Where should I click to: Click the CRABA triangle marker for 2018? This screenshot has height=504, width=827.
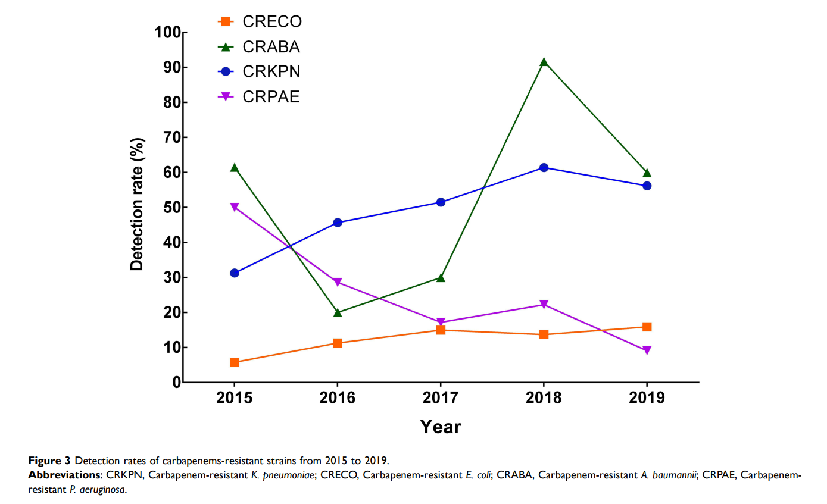click(x=544, y=62)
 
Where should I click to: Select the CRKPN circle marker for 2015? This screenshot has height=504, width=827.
click(x=235, y=273)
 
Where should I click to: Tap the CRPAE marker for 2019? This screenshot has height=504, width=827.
click(x=647, y=350)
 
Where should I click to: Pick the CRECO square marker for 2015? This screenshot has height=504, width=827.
click(x=235, y=362)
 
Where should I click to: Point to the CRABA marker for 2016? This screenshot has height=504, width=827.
click(x=338, y=312)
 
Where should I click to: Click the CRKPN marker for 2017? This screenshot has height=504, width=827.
click(x=441, y=202)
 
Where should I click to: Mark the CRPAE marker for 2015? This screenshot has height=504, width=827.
click(x=235, y=207)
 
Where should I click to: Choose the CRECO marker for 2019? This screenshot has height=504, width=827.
click(x=647, y=327)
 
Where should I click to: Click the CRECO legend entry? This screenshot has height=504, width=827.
click(x=259, y=22)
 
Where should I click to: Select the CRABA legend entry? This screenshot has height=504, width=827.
click(x=259, y=47)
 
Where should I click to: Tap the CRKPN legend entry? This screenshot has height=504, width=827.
click(x=259, y=72)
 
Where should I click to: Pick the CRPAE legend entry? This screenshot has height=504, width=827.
click(x=259, y=97)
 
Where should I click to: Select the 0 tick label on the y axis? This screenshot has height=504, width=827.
click(x=177, y=383)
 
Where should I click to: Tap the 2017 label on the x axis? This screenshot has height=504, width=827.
click(x=441, y=398)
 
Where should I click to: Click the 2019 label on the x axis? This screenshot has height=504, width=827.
click(x=647, y=398)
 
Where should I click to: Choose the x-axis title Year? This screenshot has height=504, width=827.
click(x=441, y=427)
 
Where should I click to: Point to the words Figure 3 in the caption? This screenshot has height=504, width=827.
click(x=49, y=461)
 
